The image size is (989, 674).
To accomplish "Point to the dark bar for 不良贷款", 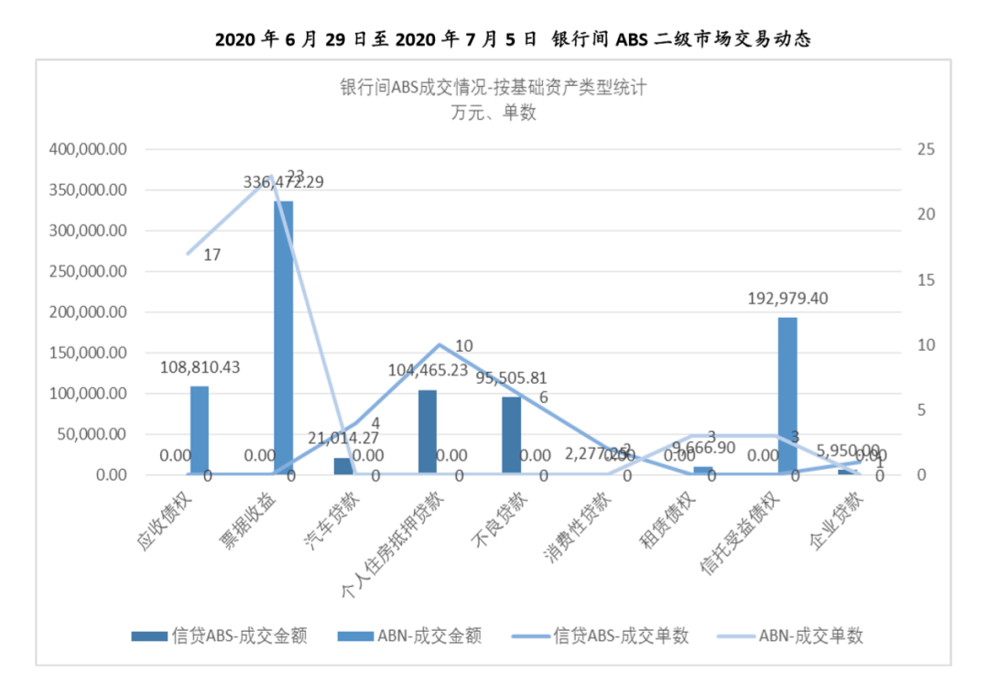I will [x=512, y=436].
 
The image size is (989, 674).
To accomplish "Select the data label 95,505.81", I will [x=512, y=377].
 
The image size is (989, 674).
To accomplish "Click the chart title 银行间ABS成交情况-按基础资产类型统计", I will [x=494, y=88].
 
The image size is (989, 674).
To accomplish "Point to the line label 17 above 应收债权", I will [x=212, y=255].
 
